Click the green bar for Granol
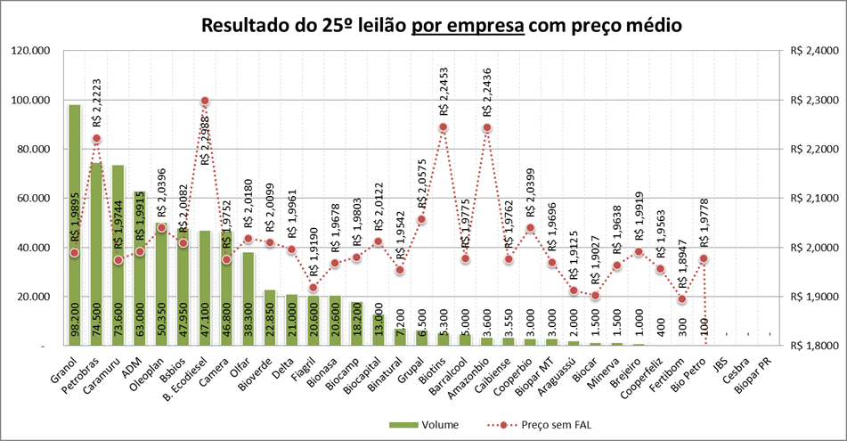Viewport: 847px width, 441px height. click(75, 223)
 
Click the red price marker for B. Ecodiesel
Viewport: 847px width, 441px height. click(205, 102)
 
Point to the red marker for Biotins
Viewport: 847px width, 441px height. click(443, 127)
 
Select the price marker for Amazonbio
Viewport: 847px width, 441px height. click(486, 127)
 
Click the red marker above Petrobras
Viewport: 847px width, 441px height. click(96, 139)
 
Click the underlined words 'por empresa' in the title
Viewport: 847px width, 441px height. click(467, 26)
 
